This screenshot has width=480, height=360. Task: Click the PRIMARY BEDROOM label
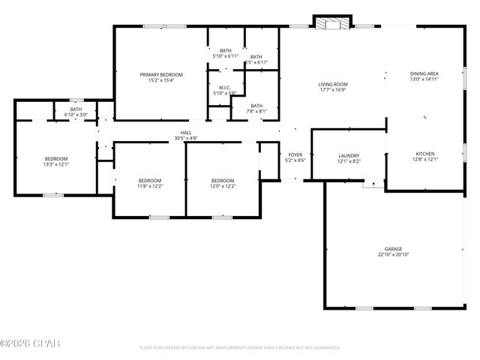coord(161,74)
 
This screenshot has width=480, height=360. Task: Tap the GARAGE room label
coord(394,248)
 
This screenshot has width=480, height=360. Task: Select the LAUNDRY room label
coord(349,155)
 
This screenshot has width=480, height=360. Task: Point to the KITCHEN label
coord(424,154)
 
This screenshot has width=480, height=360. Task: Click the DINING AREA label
coord(424,73)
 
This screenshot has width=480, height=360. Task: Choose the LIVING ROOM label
coord(333,84)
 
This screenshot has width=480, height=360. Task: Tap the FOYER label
coord(295,155)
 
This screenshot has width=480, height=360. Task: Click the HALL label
coord(185,133)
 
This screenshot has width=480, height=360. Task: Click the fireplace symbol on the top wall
coord(331,23)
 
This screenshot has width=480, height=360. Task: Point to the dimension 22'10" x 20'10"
coord(394,255)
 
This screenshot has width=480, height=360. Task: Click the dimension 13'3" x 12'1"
coord(56,164)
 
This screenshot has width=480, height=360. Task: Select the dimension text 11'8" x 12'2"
coord(149,186)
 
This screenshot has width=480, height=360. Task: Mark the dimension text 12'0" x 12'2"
coord(222,186)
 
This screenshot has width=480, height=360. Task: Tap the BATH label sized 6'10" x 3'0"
coord(76,109)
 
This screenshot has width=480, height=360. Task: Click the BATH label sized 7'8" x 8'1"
coord(256,106)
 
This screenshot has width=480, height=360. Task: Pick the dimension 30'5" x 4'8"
coord(185,138)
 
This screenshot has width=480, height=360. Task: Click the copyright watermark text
coord(29,343)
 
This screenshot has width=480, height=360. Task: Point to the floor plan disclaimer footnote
coord(240,348)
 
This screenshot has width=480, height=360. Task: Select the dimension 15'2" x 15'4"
coord(161,80)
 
